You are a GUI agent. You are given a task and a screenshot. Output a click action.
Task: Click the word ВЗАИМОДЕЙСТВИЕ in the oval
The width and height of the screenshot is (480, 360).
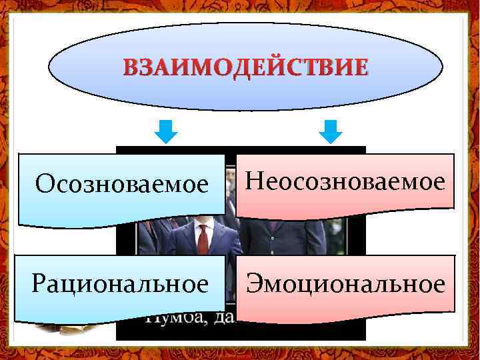click(x=245, y=67)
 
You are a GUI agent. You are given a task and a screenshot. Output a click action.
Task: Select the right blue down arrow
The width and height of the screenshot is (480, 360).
click(x=329, y=131)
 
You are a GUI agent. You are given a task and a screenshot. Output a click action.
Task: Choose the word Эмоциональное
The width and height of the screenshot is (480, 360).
click(x=345, y=285)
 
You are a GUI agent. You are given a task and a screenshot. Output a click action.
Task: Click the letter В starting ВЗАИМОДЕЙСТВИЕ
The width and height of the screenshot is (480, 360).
click(x=131, y=68)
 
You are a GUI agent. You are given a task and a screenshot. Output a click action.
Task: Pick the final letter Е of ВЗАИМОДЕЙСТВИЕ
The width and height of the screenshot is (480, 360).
click(x=359, y=68)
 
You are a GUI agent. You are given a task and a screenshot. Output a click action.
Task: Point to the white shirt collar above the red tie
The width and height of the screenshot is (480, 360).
click(x=203, y=225)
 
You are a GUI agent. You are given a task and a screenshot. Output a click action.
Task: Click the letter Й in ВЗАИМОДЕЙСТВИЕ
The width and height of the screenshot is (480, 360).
click(x=261, y=67)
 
